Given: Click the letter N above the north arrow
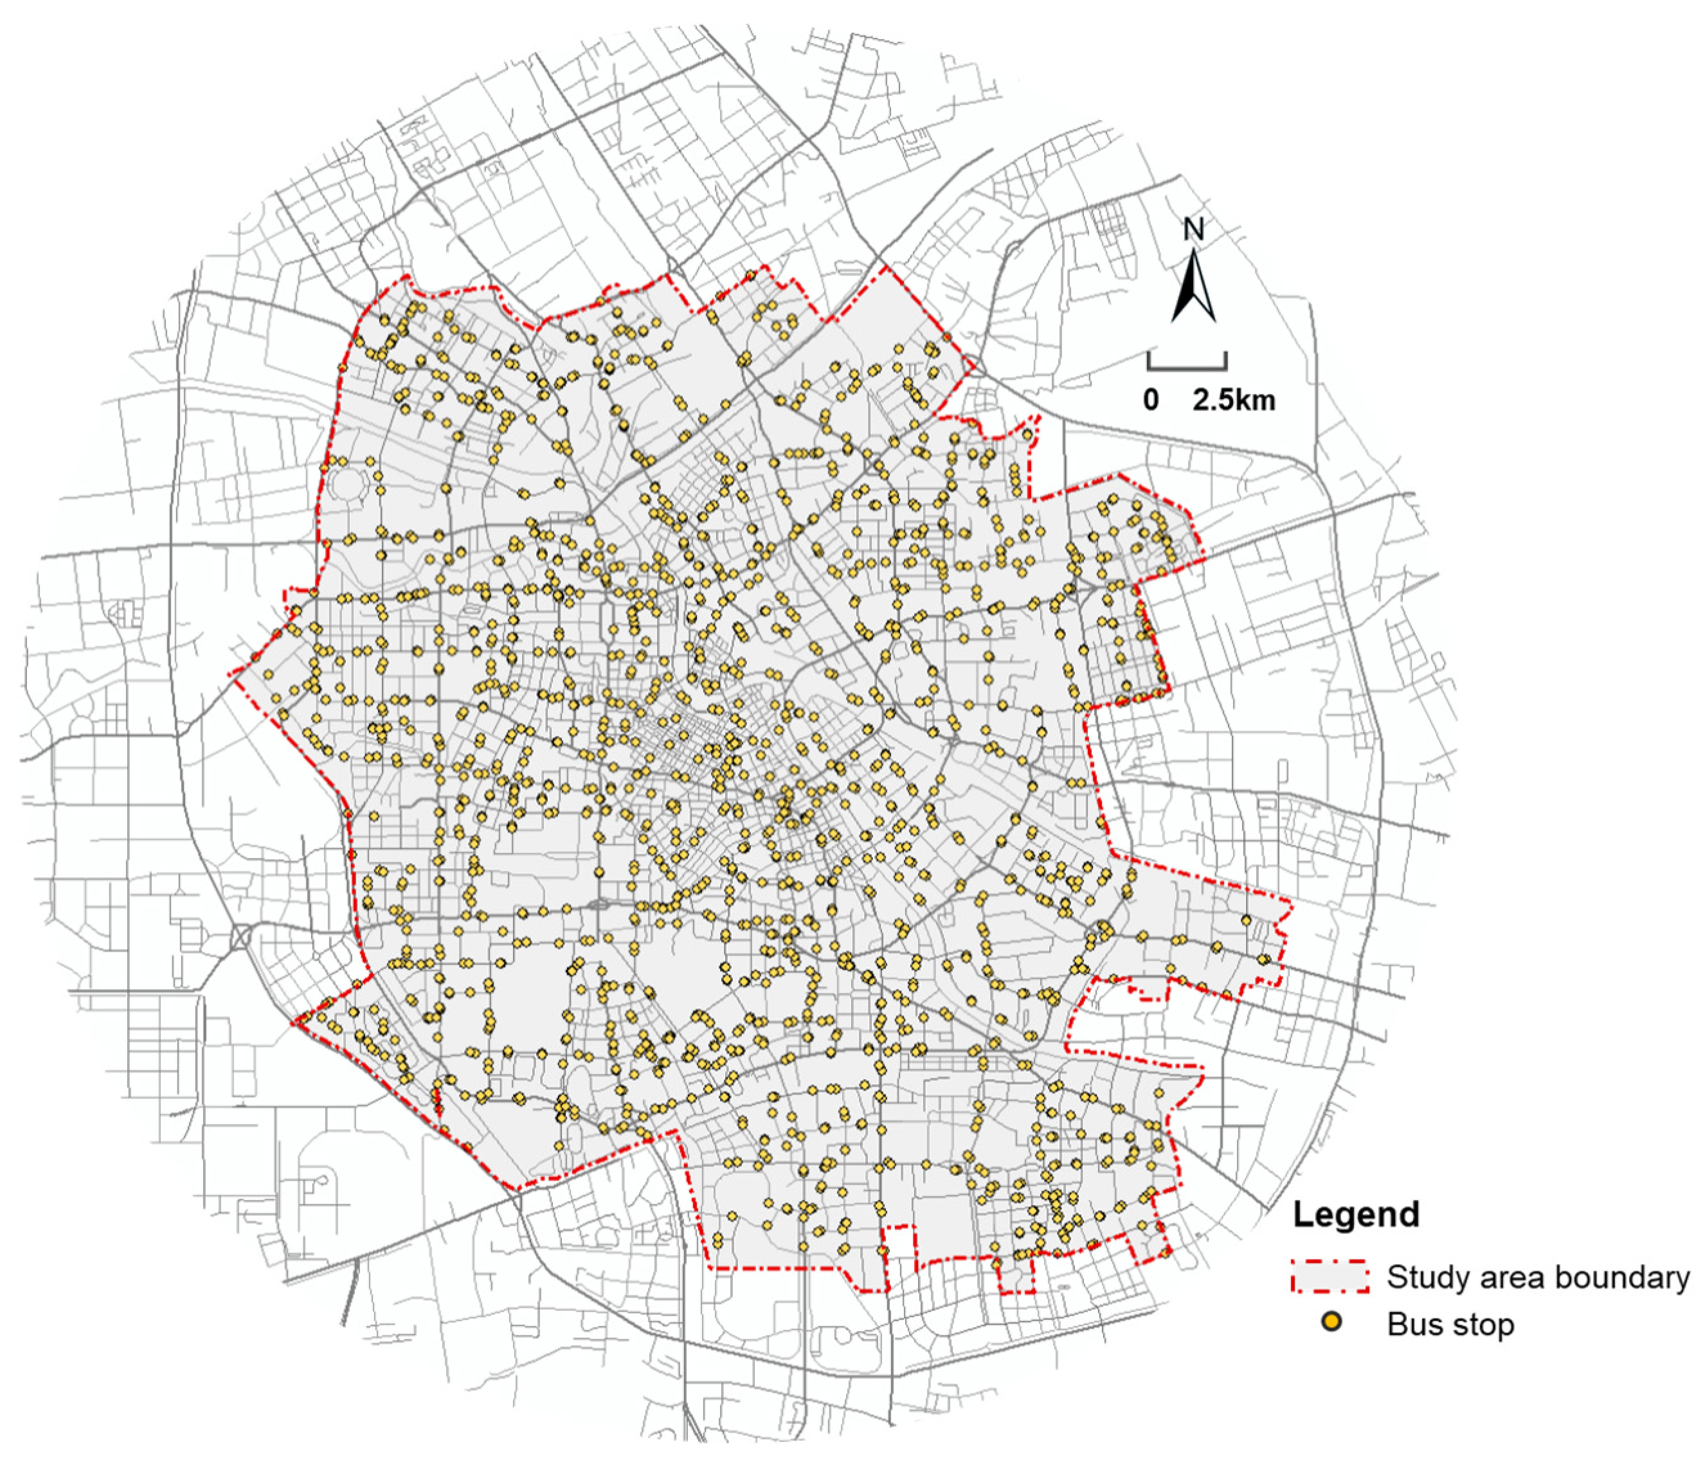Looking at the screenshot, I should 1193,229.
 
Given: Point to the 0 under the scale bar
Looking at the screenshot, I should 1151,400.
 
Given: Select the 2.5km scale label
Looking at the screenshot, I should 1234,400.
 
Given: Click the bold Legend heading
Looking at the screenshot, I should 1355,1215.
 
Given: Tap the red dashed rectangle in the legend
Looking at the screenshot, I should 1329,1276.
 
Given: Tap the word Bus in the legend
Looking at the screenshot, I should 1409,1324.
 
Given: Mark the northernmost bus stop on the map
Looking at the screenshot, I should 750,275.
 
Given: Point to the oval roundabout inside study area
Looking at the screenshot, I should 600,905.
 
